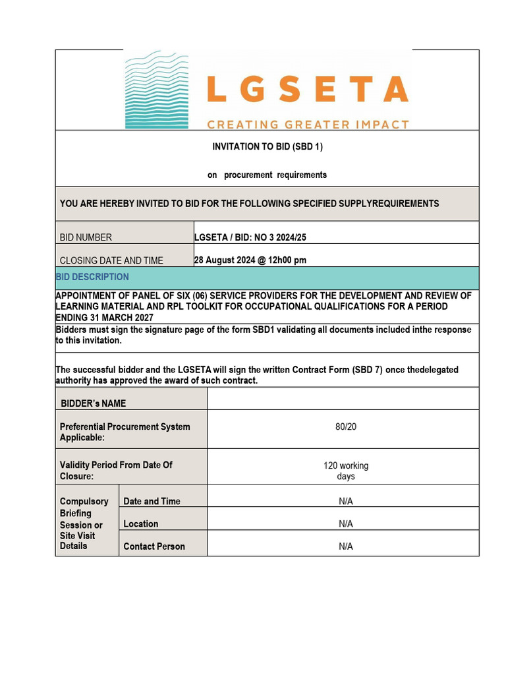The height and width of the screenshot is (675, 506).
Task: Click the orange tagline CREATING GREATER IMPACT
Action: click(x=308, y=124)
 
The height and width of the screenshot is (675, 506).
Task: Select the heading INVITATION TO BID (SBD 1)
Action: click(x=267, y=146)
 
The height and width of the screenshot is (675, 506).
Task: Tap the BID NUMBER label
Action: click(x=86, y=237)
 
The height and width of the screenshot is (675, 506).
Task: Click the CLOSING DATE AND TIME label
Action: click(x=111, y=260)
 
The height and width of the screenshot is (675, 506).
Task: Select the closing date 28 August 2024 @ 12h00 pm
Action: click(x=250, y=260)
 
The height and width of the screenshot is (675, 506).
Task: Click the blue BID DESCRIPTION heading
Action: click(x=93, y=277)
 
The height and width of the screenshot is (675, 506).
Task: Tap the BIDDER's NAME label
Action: click(x=94, y=403)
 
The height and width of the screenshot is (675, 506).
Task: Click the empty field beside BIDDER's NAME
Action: click(x=343, y=399)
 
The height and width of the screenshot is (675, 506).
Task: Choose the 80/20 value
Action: click(x=346, y=426)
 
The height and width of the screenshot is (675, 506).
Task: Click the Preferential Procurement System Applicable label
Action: click(x=125, y=432)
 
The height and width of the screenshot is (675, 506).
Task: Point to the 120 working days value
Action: click(x=346, y=471)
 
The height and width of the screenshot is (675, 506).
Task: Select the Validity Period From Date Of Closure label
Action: click(x=116, y=470)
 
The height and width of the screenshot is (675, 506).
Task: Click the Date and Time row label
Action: click(x=152, y=501)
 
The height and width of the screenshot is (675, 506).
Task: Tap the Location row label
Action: click(x=141, y=523)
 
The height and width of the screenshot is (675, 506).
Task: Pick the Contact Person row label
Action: click(x=154, y=546)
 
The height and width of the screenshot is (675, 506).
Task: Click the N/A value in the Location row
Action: click(x=346, y=523)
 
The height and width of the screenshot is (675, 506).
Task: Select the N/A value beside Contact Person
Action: click(x=346, y=546)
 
